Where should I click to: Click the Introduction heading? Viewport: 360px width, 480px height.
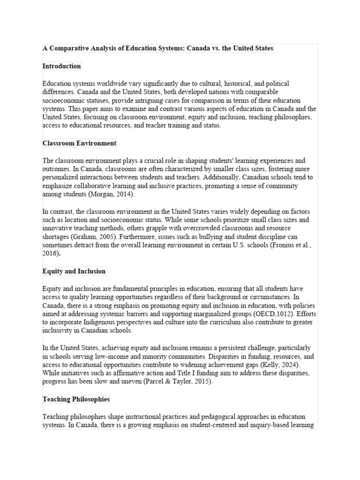(61, 66)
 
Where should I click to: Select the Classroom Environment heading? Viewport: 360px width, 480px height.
(79, 143)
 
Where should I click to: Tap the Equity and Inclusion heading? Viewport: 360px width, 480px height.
(74, 271)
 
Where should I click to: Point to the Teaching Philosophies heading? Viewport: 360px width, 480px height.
(76, 399)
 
